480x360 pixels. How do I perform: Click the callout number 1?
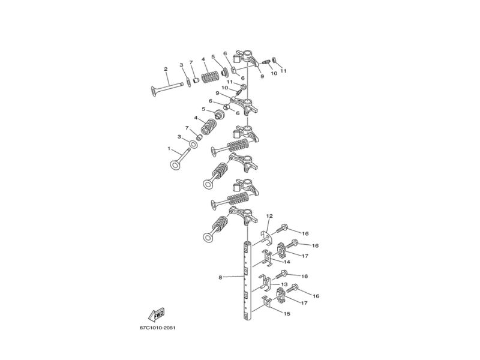[x=169, y=149]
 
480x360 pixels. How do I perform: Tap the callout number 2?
[x=165, y=69]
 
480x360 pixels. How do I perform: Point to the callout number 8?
[x=220, y=277]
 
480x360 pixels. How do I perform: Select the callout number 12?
[x=269, y=216]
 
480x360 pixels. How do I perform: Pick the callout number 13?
[x=284, y=284]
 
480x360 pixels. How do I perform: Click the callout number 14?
[x=287, y=262]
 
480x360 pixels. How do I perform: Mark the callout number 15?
[x=287, y=314]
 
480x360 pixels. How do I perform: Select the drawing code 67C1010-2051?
[x=158, y=328]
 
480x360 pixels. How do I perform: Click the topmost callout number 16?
[x=305, y=233]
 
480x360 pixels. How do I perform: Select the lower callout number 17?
[x=305, y=303]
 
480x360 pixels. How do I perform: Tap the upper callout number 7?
[x=191, y=63]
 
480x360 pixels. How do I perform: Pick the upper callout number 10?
[x=274, y=74]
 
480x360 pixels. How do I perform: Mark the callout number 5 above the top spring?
[x=213, y=58]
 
